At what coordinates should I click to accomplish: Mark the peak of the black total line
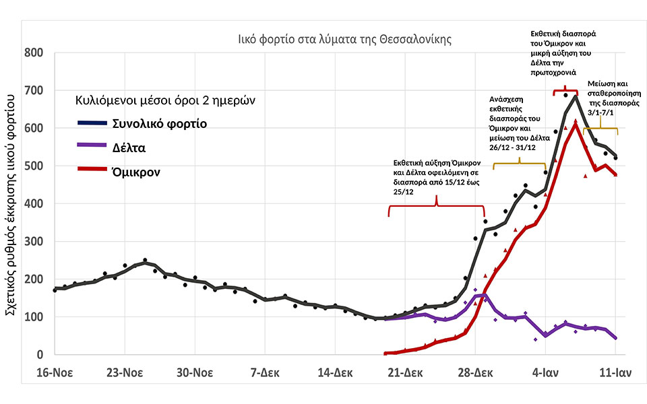tap(576, 96)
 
